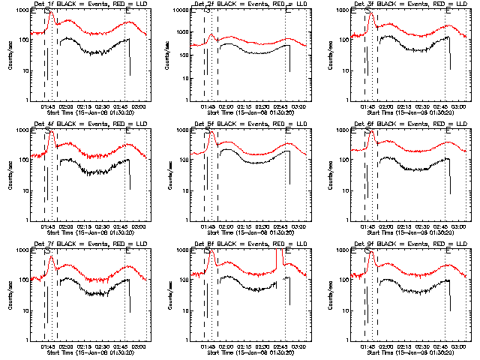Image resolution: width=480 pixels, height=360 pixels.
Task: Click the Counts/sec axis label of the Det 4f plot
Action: pos(10,175)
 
